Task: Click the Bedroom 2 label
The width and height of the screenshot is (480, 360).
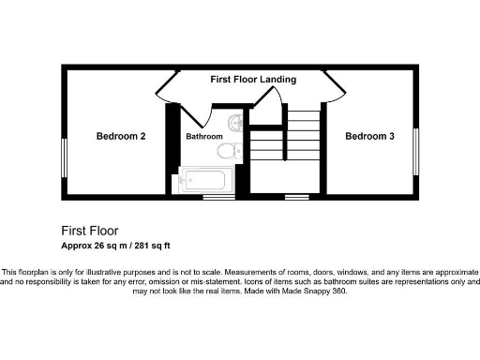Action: pos(121,136)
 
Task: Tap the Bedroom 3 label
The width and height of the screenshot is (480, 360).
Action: pos(369,136)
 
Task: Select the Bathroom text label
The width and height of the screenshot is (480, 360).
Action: pos(203,137)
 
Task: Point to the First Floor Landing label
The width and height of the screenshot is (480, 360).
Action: pos(253,80)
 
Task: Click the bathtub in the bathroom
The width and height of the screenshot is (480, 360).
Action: pos(205,180)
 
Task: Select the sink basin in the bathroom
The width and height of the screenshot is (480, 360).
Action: pos(235,122)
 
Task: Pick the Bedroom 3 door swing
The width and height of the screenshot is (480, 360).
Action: pos(330,86)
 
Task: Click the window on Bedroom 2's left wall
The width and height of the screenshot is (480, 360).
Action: pos(64,151)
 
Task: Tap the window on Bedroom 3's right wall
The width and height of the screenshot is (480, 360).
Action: pos(415,151)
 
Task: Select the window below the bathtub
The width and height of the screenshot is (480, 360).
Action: pos(218,197)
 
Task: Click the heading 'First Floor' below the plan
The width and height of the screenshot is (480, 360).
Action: pos(90,230)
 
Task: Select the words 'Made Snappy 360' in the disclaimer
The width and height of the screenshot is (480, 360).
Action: pos(315,292)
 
